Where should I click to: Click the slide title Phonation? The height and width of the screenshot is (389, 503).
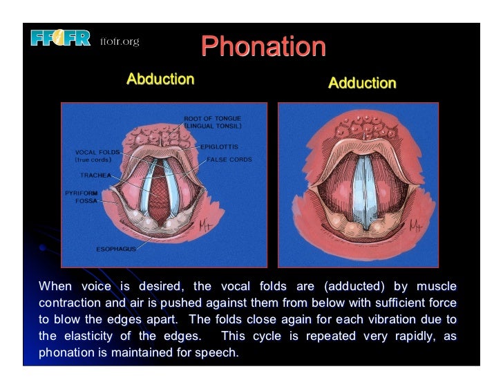[x=263, y=47]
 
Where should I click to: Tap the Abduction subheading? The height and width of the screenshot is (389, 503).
[x=160, y=79]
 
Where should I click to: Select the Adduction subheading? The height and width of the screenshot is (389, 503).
[x=362, y=83]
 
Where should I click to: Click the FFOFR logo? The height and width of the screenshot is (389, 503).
[x=60, y=38]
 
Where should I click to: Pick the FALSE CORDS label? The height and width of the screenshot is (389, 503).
[x=229, y=160]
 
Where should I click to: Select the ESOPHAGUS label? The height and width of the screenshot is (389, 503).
[x=116, y=249]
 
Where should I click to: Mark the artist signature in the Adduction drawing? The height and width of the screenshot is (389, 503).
[x=415, y=225]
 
